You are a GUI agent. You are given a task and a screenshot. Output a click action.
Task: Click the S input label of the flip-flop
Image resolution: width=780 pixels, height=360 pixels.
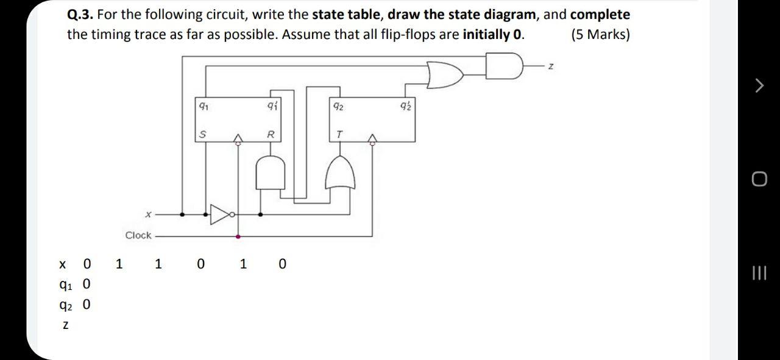click(x=202, y=134)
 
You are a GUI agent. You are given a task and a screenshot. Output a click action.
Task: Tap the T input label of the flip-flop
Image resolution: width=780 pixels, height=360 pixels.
click(x=339, y=134)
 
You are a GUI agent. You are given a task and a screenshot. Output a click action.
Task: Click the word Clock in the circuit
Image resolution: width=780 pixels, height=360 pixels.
click(x=138, y=235)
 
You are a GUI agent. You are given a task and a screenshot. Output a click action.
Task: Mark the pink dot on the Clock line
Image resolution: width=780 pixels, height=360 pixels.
click(x=238, y=236)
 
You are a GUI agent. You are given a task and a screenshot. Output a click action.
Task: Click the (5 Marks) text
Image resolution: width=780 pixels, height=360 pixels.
click(x=600, y=34)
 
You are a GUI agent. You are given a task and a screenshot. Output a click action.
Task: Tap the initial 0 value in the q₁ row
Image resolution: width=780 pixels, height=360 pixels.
click(x=86, y=284)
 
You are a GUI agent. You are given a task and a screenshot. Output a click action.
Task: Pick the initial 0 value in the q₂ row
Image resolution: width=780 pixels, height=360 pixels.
click(x=86, y=304)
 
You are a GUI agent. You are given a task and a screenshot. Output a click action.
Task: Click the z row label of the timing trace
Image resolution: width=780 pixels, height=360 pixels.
click(x=65, y=326)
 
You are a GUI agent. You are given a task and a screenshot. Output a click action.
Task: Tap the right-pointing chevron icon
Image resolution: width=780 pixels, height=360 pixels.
click(x=759, y=86)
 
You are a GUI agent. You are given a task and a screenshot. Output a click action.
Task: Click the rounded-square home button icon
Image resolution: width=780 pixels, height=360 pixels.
click(x=759, y=178)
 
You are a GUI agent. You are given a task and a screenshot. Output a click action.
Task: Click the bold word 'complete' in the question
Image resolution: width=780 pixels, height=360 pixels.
click(x=600, y=14)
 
